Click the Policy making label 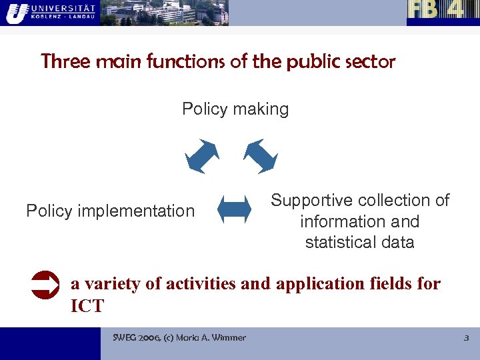[x=235, y=109]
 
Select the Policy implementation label [x=110, y=211]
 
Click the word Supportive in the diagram [x=311, y=201]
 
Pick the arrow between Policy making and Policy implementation [x=202, y=156]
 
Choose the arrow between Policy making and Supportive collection [x=260, y=156]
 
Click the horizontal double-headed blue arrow [x=234, y=209]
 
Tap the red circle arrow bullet [x=45, y=285]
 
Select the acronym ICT [x=87, y=307]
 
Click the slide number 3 [x=466, y=338]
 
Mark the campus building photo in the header [x=164, y=13]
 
